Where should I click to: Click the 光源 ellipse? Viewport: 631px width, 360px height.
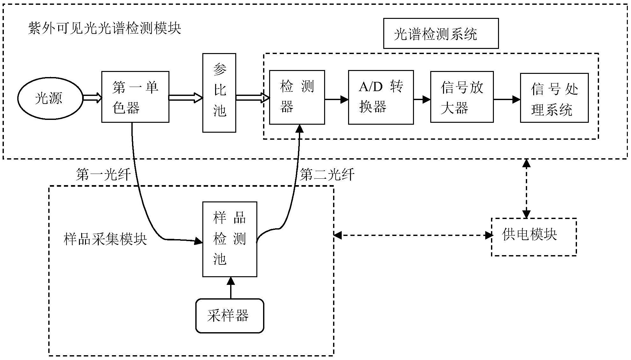click(50, 98)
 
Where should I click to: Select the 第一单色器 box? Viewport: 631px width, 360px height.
click(135, 97)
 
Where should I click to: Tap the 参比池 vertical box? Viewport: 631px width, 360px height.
click(219, 93)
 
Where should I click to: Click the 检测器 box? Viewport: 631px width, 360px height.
click(297, 97)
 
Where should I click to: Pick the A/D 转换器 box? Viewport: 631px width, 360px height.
click(380, 97)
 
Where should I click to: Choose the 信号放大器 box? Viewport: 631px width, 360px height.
click(462, 97)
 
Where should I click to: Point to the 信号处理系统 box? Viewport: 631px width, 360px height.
click(554, 98)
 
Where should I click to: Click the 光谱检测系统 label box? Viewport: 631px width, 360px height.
click(440, 34)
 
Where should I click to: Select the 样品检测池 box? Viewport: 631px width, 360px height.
click(230, 239)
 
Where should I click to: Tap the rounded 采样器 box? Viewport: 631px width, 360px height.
click(230, 316)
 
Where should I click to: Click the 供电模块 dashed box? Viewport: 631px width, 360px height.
click(534, 237)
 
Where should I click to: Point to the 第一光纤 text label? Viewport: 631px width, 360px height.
click(103, 175)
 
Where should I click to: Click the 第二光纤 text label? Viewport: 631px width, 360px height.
click(327, 175)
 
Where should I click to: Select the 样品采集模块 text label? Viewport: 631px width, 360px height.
click(105, 239)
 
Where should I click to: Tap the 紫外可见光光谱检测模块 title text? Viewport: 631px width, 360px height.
click(105, 28)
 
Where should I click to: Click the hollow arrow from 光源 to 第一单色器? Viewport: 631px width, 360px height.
click(92, 98)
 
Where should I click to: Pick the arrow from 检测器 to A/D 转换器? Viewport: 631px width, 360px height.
click(336, 99)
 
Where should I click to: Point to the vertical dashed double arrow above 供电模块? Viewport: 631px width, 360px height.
click(526, 189)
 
